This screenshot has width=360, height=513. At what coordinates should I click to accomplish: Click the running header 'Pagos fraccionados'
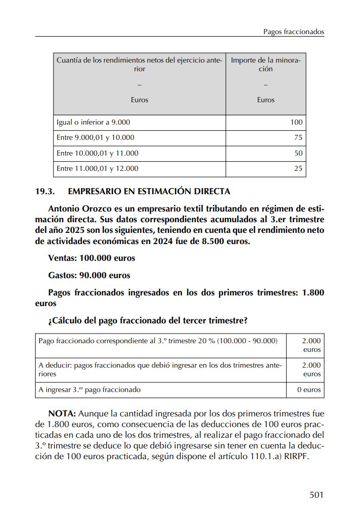click(293, 32)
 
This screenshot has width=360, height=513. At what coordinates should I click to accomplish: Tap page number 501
click(316, 494)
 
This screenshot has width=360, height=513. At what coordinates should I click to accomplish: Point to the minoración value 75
click(298, 138)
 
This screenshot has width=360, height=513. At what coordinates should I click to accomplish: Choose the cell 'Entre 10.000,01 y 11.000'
click(97, 153)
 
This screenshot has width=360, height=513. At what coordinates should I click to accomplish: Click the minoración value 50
click(298, 153)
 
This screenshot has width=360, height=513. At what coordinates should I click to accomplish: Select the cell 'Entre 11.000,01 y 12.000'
click(97, 168)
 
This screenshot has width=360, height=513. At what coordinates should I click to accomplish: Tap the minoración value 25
click(298, 168)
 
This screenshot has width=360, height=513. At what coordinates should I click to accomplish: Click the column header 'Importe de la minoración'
click(265, 65)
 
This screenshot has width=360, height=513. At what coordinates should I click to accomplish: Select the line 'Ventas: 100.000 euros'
click(92, 258)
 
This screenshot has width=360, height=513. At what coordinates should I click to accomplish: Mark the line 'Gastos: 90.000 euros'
click(89, 276)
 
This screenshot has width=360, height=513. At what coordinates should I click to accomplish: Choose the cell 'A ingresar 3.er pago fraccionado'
click(89, 390)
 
